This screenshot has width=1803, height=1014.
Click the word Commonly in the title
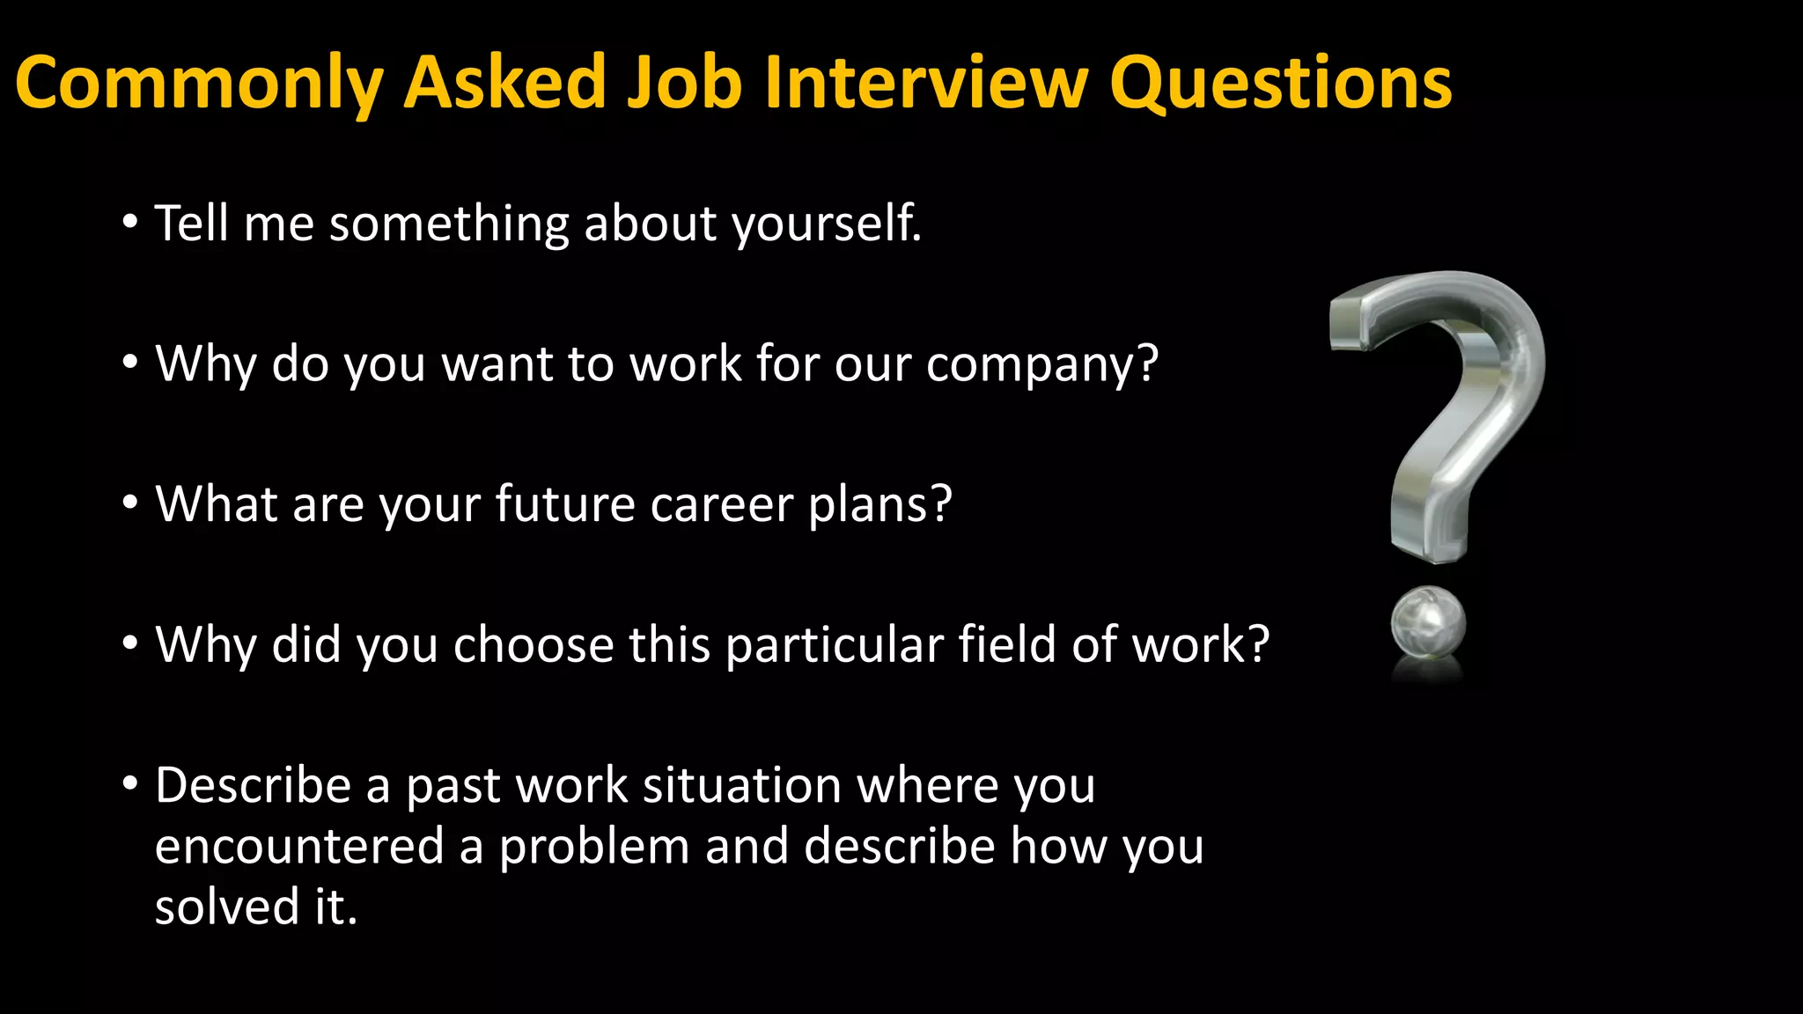coord(199,84)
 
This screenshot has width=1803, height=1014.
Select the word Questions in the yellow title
coord(1280,84)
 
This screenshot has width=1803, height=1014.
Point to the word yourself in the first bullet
coord(827,224)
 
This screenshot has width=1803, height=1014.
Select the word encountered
coord(299,847)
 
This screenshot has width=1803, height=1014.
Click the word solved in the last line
coord(227,907)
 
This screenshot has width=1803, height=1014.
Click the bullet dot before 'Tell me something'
coord(130,223)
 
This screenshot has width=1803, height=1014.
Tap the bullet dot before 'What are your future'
coord(130,503)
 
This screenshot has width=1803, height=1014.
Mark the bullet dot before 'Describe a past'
coord(130,783)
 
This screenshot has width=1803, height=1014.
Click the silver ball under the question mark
coord(1428,623)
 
